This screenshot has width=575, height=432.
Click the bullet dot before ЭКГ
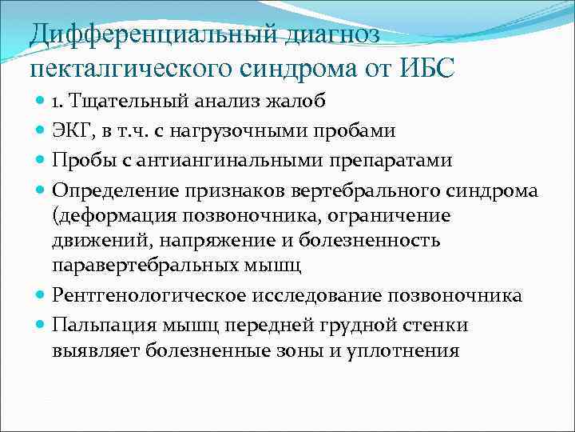pos(42,130)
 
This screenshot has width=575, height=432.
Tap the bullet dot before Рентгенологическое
pos(42,296)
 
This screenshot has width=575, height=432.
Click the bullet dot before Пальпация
pos(42,324)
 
